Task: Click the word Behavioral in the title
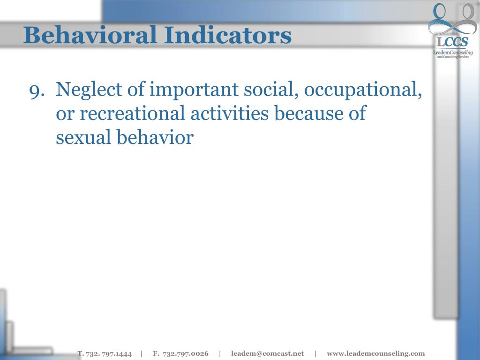[x=89, y=35]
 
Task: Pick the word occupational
[x=363, y=90]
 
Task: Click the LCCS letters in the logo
[x=452, y=43]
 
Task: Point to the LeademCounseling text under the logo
[x=452, y=52]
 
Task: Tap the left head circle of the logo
[x=440, y=11]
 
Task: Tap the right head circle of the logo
[x=469, y=11]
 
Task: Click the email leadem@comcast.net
[x=267, y=353]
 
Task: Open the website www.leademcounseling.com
[x=375, y=353]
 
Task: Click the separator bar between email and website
[x=315, y=353]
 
